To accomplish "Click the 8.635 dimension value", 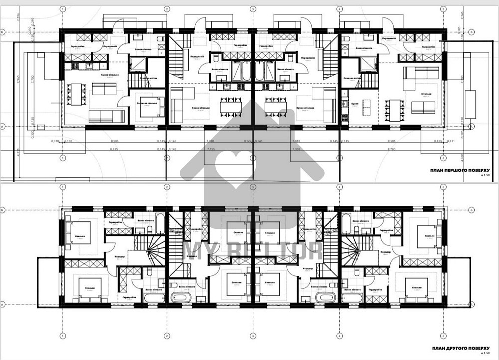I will point(114,149).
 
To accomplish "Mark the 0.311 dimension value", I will point(452,142).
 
